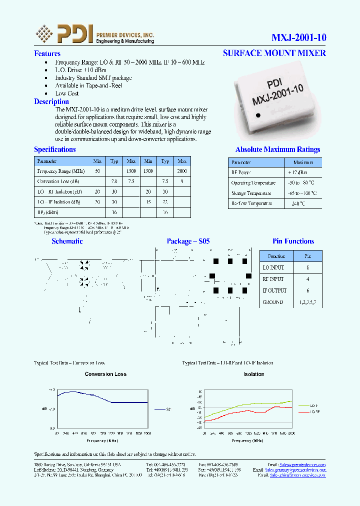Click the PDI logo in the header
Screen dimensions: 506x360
(64, 34)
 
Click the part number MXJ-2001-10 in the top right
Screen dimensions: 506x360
(298, 37)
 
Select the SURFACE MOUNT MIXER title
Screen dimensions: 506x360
(274, 53)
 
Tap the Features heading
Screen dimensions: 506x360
(47, 53)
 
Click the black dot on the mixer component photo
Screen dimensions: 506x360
(258, 115)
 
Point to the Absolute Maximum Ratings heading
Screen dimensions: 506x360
(277, 149)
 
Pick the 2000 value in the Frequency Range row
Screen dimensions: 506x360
(182, 171)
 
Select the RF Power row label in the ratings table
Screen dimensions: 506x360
(241, 172)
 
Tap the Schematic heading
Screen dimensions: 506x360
(67, 241)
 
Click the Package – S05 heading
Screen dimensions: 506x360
(188, 241)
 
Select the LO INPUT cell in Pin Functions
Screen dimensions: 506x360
(273, 267)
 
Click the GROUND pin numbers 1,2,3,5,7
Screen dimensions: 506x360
(307, 302)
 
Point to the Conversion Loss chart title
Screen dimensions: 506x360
(105, 374)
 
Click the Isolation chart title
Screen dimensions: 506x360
(253, 374)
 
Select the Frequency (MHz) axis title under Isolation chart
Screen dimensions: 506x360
(247, 440)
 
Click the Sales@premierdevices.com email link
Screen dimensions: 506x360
(302, 464)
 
